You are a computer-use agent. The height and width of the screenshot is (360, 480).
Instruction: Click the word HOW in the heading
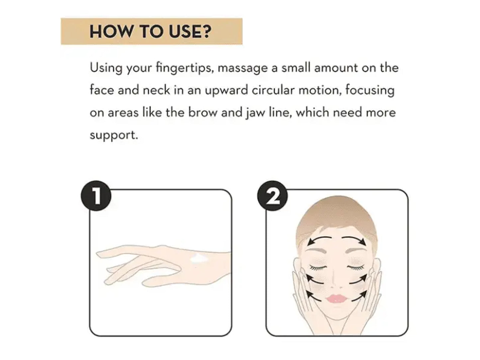(111, 32)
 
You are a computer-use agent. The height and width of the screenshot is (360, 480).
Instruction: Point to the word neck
(156, 90)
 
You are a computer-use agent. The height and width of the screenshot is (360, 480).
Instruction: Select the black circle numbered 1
(96, 196)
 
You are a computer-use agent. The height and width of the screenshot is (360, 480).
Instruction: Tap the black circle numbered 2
(272, 196)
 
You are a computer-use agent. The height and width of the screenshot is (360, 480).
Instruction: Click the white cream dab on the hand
(199, 259)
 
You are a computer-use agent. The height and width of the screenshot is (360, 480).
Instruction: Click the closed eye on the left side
(318, 267)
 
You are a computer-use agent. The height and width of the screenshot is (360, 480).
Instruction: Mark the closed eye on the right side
(356, 267)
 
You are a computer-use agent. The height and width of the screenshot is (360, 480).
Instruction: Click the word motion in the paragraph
(320, 90)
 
